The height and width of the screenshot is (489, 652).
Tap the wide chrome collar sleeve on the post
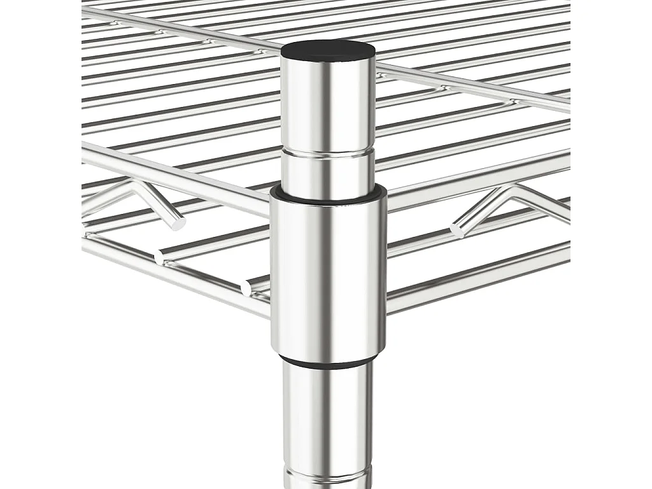coord(328,274)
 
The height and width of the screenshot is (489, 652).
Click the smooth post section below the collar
coord(328,414)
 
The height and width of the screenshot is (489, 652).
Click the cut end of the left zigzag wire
coord(178,223)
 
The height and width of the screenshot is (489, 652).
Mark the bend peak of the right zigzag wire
coord(509,189)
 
